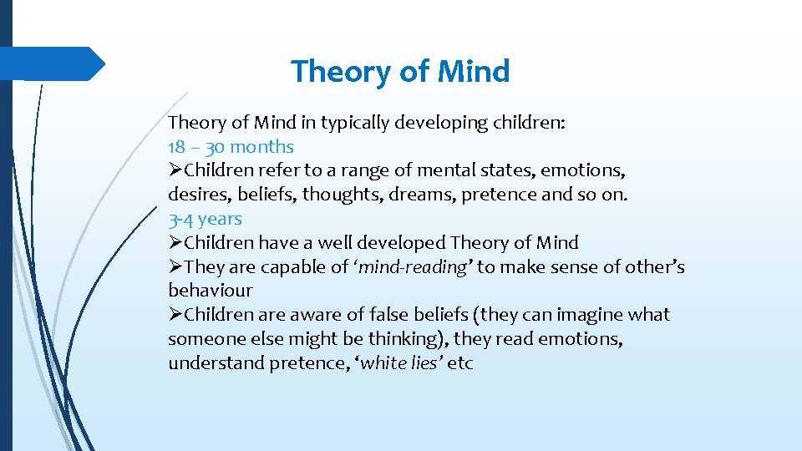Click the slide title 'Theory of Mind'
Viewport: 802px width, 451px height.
click(x=400, y=72)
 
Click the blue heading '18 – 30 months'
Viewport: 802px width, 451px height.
click(x=231, y=147)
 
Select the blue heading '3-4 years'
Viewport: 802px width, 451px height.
click(x=205, y=220)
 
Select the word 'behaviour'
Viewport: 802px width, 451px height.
click(x=210, y=291)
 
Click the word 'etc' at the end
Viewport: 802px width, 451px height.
click(x=460, y=364)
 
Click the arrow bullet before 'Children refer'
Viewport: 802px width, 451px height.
click(x=175, y=171)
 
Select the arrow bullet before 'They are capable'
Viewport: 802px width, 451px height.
click(x=175, y=267)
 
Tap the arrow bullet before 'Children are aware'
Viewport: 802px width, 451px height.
click(x=175, y=315)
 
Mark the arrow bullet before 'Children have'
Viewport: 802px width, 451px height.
click(x=175, y=243)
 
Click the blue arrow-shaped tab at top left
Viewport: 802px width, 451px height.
click(x=58, y=63)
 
